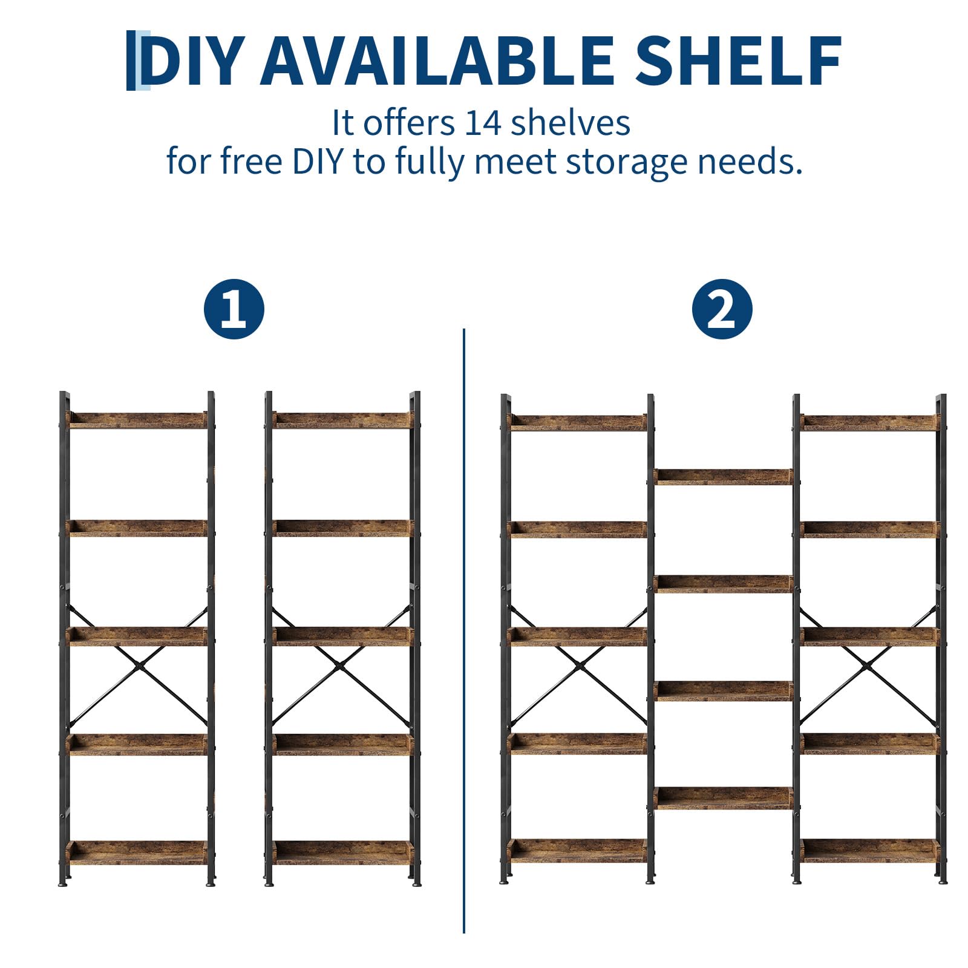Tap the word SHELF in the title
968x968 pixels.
point(739,60)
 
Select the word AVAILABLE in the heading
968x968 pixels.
point(437,60)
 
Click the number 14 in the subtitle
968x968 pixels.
point(483,123)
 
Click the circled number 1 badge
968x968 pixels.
point(234,309)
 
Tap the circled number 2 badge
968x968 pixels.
point(722,309)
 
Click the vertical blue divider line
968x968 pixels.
point(464,630)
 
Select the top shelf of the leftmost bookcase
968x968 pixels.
point(138,420)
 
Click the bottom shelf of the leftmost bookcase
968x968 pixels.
point(138,852)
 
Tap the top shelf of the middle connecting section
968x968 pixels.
point(723,477)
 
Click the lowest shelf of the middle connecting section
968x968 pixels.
point(723,798)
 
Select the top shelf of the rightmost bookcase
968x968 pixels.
point(869,422)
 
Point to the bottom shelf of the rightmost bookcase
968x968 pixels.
point(869,851)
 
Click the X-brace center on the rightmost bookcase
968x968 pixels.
point(868,665)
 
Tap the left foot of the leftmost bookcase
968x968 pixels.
point(63,883)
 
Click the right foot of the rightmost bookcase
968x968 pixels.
point(943,881)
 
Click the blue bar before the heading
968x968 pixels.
point(131,60)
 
